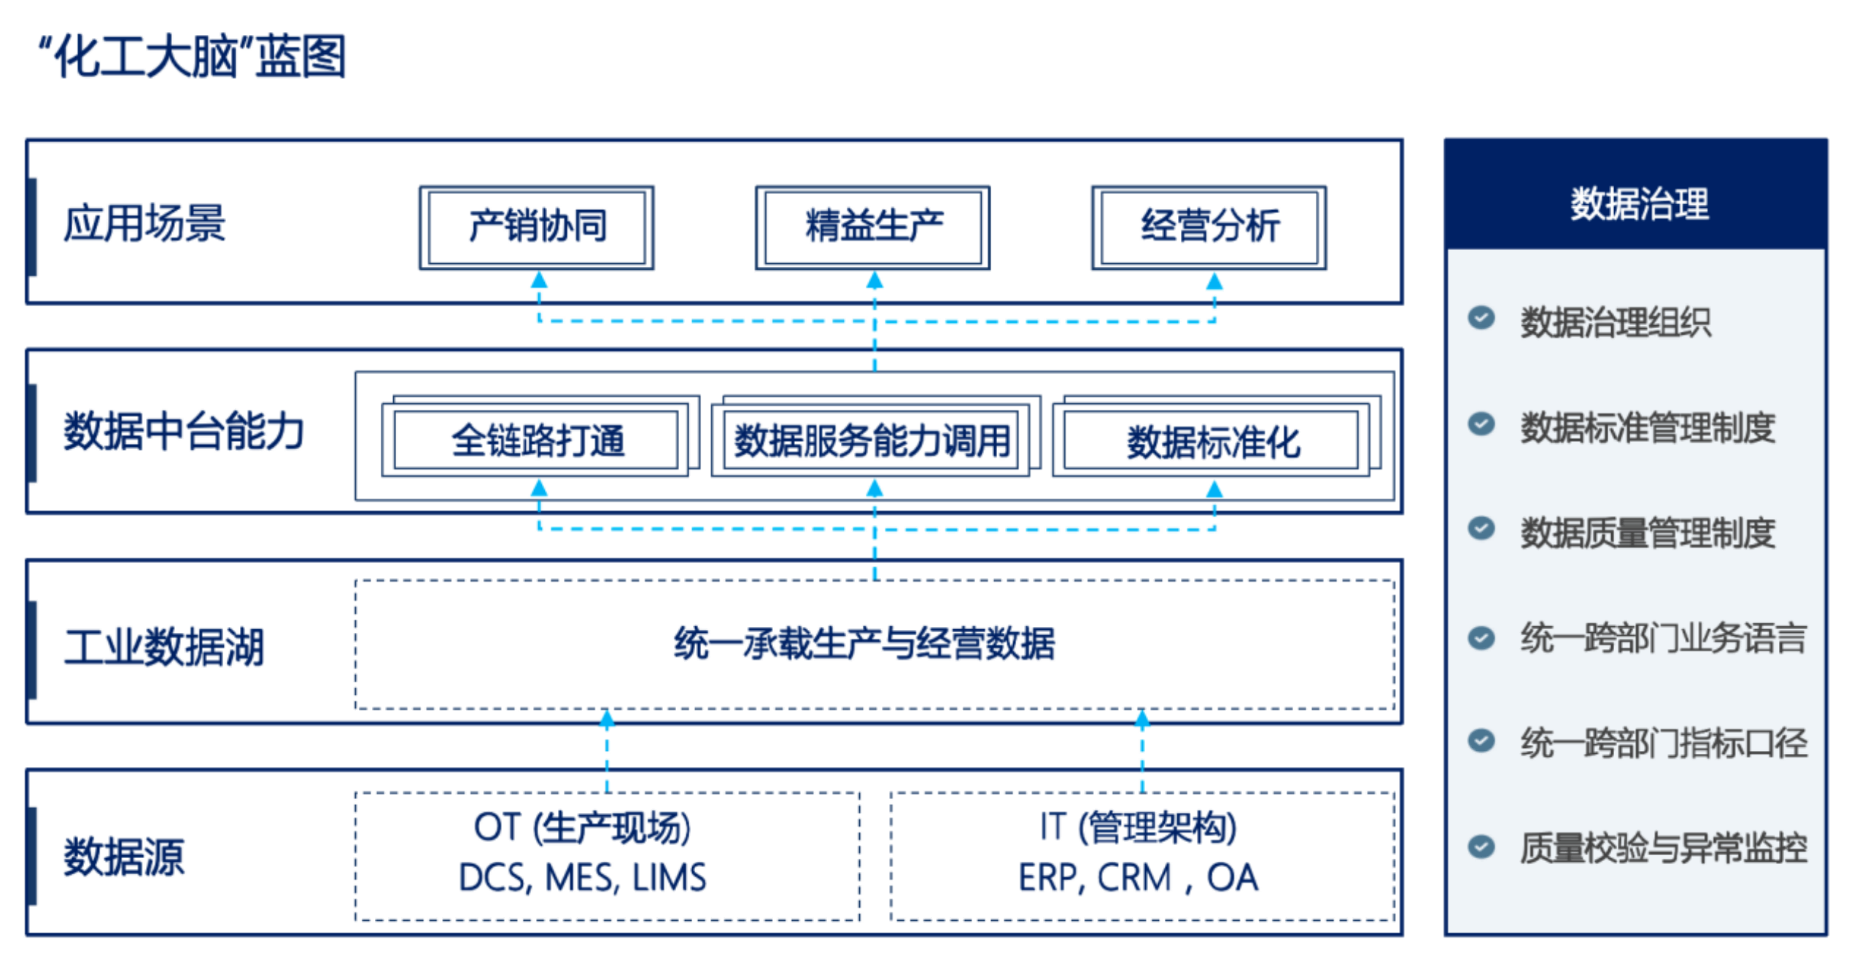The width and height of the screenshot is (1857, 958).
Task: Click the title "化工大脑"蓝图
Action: [193, 57]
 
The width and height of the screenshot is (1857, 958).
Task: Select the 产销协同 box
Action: [538, 227]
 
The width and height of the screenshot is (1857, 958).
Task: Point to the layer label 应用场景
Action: [144, 223]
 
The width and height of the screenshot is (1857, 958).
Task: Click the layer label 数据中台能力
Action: [184, 431]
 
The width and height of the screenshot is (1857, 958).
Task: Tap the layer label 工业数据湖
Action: [163, 647]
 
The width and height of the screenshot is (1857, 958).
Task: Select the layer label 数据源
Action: [124, 857]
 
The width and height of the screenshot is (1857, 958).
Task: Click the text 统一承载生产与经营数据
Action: [865, 644]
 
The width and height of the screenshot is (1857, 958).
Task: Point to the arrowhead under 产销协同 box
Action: [539, 280]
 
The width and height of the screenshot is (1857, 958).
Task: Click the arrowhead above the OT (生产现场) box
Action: [607, 720]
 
